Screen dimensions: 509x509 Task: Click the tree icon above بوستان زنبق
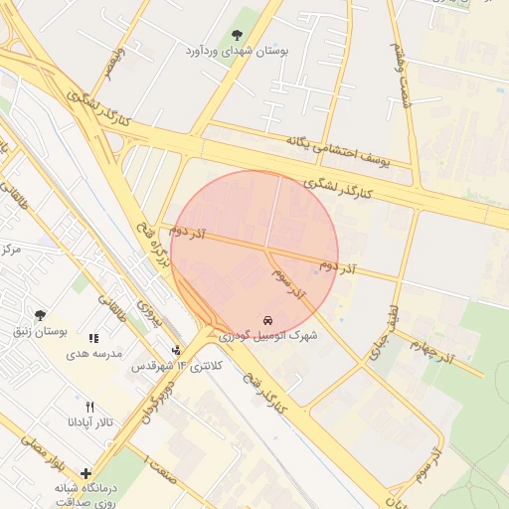(x=40, y=314)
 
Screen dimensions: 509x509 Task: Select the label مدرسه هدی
(x=93, y=354)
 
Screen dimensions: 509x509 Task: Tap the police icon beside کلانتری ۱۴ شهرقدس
(x=176, y=350)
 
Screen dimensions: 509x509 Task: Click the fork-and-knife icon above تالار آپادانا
(x=89, y=407)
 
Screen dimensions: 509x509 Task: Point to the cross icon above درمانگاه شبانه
(x=85, y=474)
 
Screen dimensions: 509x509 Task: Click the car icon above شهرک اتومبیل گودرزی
(x=268, y=320)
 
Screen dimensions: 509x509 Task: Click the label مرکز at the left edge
(x=11, y=248)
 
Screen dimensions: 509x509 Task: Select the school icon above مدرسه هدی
(x=93, y=338)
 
